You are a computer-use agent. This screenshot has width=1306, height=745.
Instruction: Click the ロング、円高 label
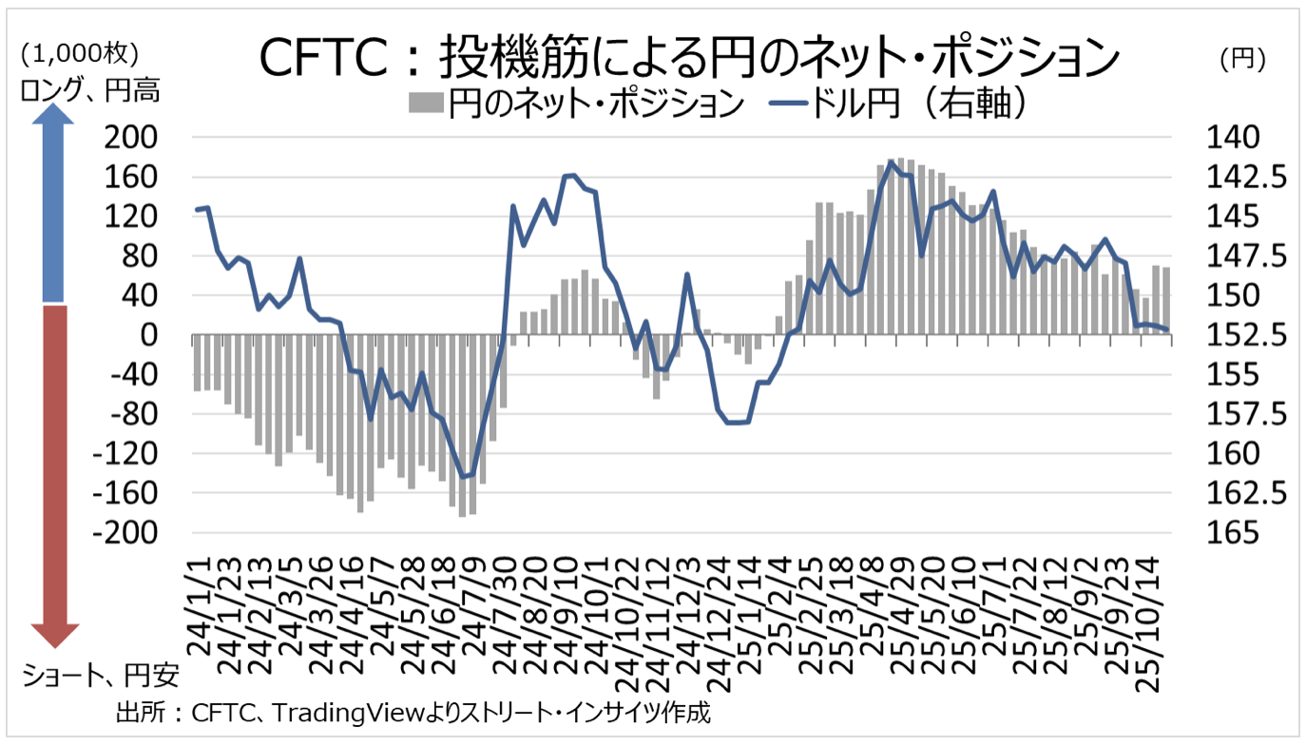[87, 90]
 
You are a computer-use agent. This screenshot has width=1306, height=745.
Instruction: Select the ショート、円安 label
[99, 677]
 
